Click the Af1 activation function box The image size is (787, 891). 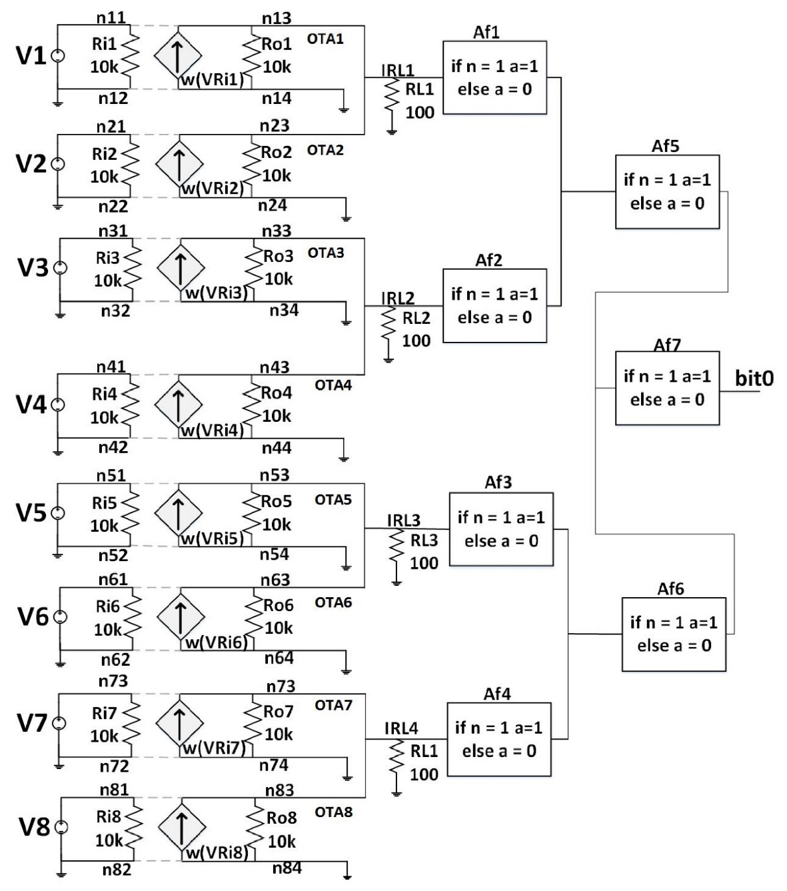click(x=494, y=77)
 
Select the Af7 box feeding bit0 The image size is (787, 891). click(x=667, y=389)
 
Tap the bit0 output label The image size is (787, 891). click(x=754, y=379)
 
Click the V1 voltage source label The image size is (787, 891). click(x=31, y=56)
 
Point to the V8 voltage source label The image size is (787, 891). click(x=33, y=828)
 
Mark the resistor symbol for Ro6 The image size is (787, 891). click(x=254, y=616)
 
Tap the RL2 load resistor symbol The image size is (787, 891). click(x=388, y=329)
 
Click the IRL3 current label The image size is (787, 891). click(x=403, y=520)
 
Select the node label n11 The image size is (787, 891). click(x=111, y=17)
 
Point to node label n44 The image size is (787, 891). click(x=276, y=448)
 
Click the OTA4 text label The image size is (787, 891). click(x=333, y=386)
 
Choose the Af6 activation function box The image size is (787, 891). click(x=674, y=634)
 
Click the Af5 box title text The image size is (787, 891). click(x=666, y=147)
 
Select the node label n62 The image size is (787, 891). click(x=115, y=660)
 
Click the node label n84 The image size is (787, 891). click(x=287, y=868)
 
